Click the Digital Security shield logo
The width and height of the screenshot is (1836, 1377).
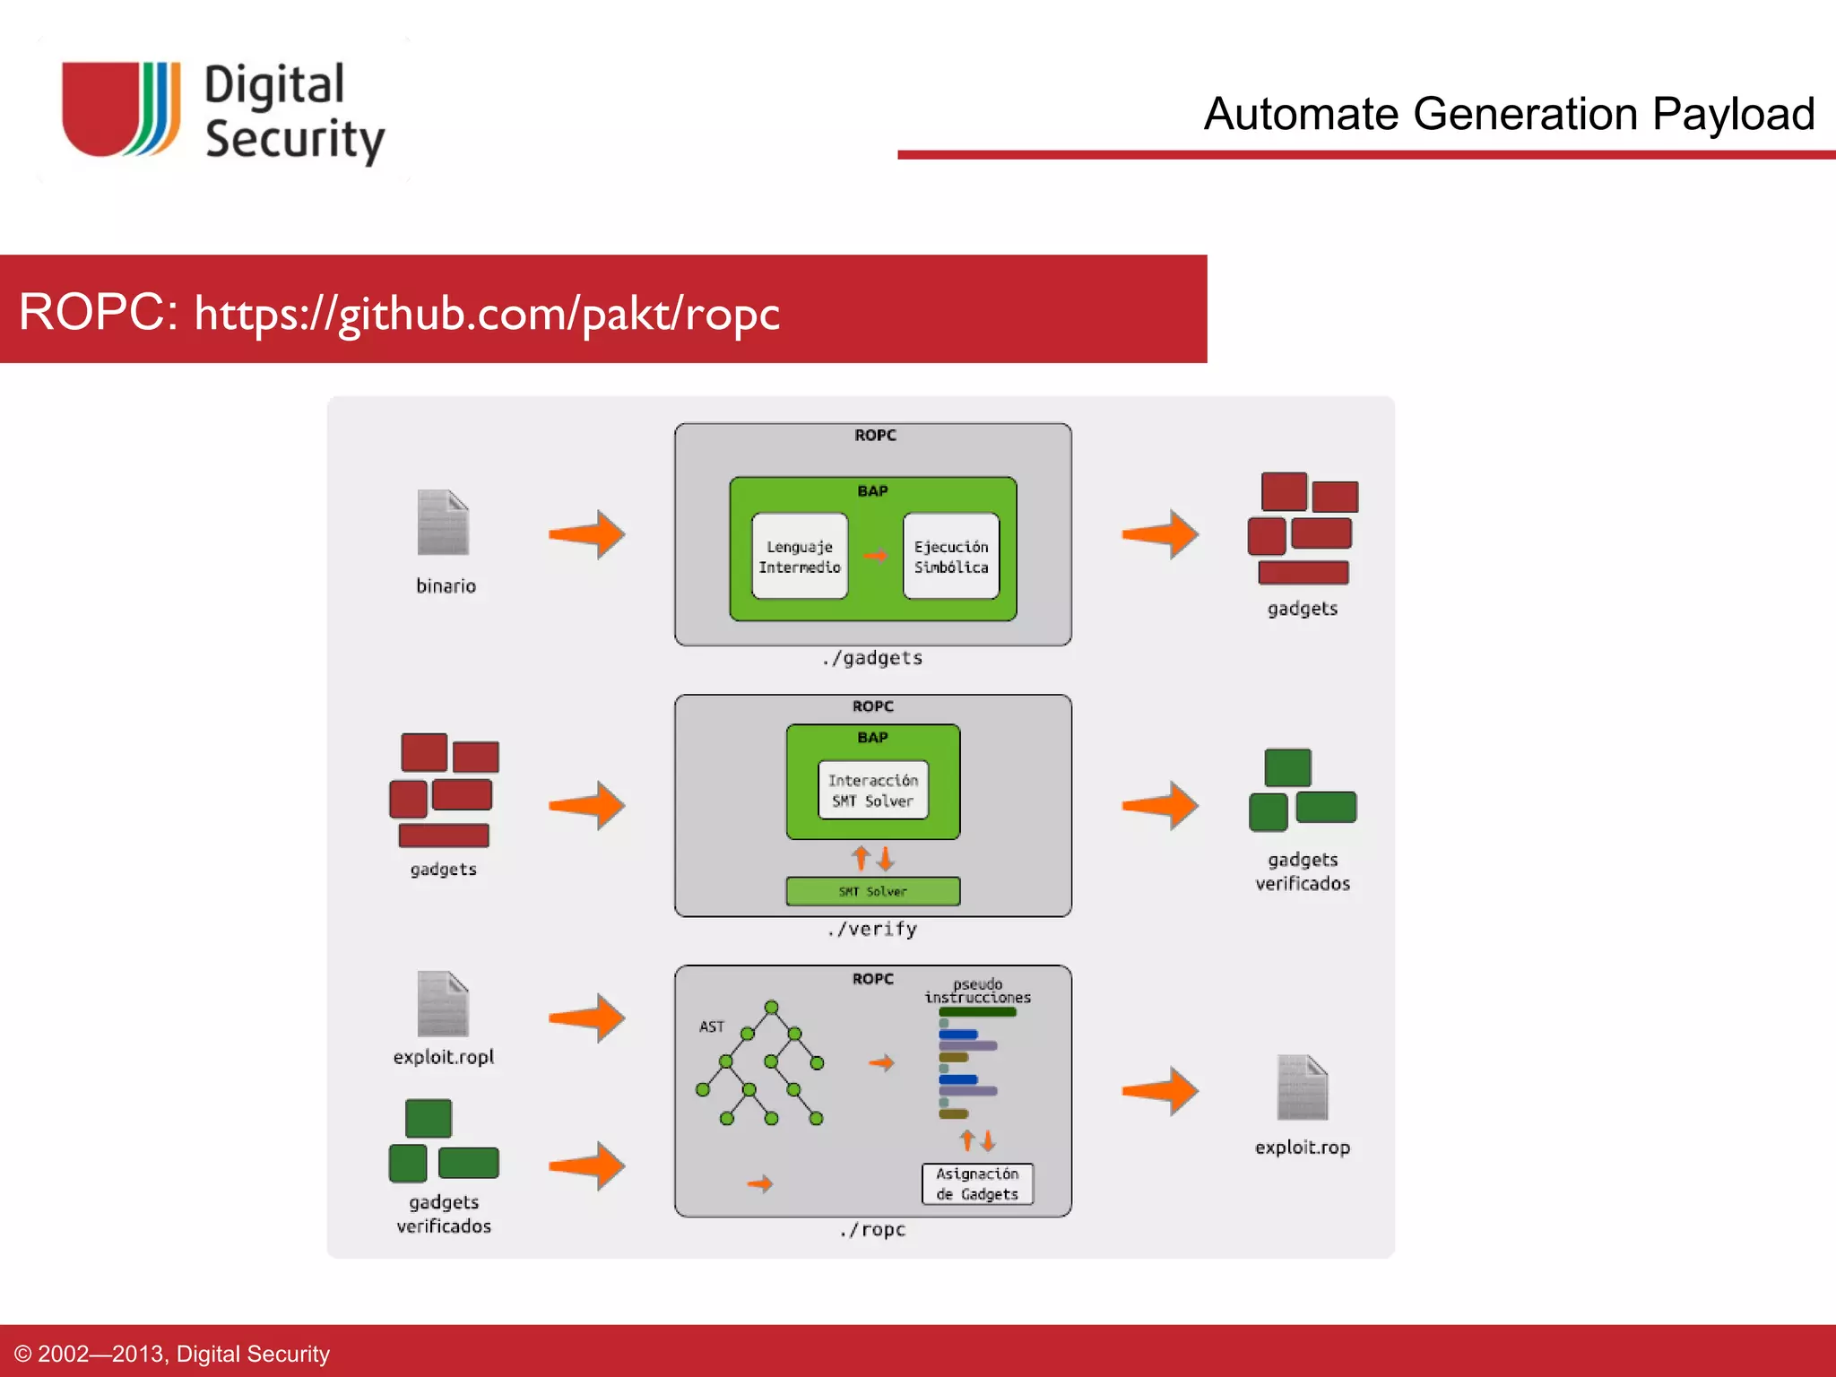click(120, 109)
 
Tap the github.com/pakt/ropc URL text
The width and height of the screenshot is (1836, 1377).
click(487, 314)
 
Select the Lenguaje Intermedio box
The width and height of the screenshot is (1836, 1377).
click(800, 556)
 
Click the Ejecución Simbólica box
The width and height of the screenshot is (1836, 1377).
click(951, 556)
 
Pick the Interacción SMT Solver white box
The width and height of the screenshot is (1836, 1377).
click(872, 790)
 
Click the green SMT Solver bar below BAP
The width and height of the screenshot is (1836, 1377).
click(872, 891)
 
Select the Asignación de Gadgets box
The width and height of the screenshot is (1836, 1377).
click(977, 1183)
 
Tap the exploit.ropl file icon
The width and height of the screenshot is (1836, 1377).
click(443, 1004)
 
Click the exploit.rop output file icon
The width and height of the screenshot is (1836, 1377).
click(1302, 1087)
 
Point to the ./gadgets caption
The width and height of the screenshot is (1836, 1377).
click(872, 658)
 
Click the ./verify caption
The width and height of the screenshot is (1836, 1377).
click(872, 929)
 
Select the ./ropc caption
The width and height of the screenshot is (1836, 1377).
click(872, 1229)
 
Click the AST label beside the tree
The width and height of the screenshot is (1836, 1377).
click(711, 1026)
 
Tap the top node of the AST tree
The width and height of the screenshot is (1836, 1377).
click(771, 1007)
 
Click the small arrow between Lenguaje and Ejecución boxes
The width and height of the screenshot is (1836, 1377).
click(876, 556)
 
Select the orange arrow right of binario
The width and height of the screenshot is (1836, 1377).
click(587, 535)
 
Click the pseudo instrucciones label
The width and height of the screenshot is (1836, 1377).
click(977, 991)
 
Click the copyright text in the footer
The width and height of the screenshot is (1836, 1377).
click(172, 1354)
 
